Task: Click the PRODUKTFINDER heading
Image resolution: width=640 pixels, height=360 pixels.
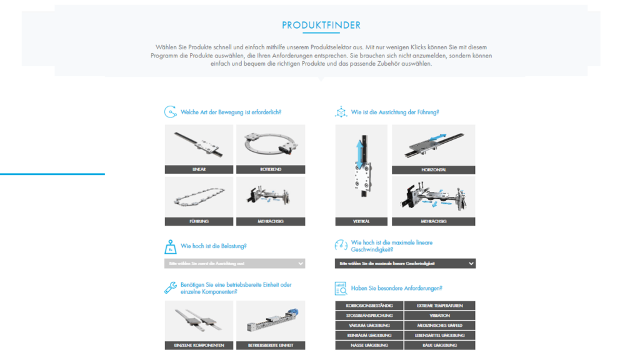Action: pyautogui.click(x=321, y=26)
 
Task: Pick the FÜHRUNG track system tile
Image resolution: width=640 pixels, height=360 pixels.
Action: pyautogui.click(x=199, y=201)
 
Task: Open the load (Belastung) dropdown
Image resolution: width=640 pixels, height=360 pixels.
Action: pyautogui.click(x=234, y=264)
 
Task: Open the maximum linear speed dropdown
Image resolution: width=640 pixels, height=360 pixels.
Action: pyautogui.click(x=405, y=264)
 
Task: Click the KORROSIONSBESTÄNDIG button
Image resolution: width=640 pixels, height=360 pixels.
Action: pyautogui.click(x=369, y=306)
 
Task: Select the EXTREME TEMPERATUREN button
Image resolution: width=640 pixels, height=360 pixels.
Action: pyautogui.click(x=440, y=306)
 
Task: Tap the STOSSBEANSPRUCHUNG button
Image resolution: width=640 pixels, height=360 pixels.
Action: pyautogui.click(x=369, y=316)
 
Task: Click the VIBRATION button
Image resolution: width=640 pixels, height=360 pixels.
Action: pyautogui.click(x=440, y=316)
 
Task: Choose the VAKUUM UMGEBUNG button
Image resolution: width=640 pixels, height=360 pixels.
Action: pyautogui.click(x=369, y=326)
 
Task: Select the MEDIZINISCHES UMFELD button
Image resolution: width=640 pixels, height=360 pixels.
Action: pyautogui.click(x=440, y=326)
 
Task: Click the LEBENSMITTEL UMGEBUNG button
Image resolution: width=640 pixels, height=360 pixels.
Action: pyautogui.click(x=440, y=336)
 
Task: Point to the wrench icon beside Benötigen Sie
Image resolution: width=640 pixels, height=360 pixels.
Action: pyautogui.click(x=170, y=288)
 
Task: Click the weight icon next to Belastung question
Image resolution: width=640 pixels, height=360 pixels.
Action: pyautogui.click(x=170, y=246)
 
